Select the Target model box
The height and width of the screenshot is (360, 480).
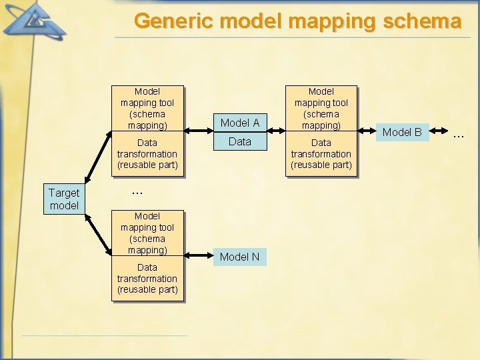click(x=64, y=199)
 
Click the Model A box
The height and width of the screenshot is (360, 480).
click(x=240, y=123)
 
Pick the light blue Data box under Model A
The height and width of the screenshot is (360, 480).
click(x=240, y=141)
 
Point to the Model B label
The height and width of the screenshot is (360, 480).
click(x=402, y=132)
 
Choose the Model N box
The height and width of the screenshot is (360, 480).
click(x=240, y=257)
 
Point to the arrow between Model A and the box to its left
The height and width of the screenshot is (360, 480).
click(x=199, y=132)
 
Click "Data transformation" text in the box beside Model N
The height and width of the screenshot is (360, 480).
click(x=147, y=278)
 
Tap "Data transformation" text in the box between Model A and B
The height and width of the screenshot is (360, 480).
click(x=321, y=153)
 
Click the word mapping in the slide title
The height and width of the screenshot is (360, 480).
click(x=329, y=21)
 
